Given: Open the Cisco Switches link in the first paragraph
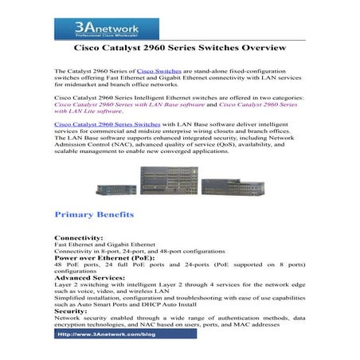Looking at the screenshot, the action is click(x=158, y=72).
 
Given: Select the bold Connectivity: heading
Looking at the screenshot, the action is click(x=77, y=238).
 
